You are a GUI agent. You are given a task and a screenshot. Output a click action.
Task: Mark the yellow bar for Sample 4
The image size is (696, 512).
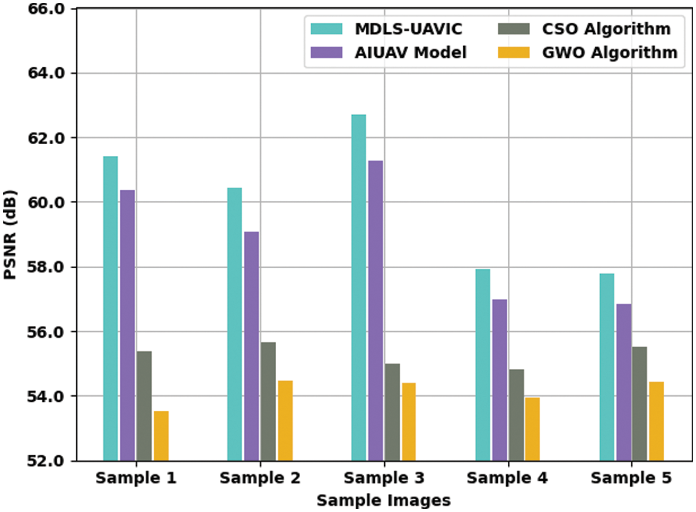coord(532,429)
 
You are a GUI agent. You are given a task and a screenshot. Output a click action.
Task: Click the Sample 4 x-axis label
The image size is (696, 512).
coord(507,478)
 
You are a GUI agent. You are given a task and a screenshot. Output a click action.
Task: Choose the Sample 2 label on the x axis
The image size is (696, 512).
coord(259,478)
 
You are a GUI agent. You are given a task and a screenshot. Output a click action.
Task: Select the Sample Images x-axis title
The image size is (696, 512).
coord(383,500)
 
